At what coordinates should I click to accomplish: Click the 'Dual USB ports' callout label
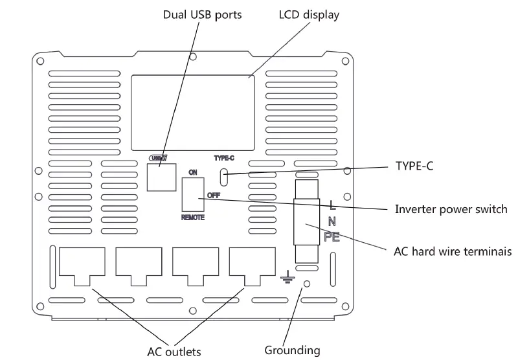202,14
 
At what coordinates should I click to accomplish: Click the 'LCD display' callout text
309,14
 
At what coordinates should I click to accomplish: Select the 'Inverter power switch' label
451,209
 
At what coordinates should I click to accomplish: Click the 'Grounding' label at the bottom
292,350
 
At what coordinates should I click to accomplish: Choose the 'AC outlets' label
173,352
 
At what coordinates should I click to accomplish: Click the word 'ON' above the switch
192,172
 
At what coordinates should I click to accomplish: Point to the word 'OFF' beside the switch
214,194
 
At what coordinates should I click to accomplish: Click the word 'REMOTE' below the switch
192,218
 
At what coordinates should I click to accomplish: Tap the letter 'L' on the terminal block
332,206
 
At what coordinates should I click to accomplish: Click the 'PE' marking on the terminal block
332,236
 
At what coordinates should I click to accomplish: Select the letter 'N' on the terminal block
332,221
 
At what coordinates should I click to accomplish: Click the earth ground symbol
288,278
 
